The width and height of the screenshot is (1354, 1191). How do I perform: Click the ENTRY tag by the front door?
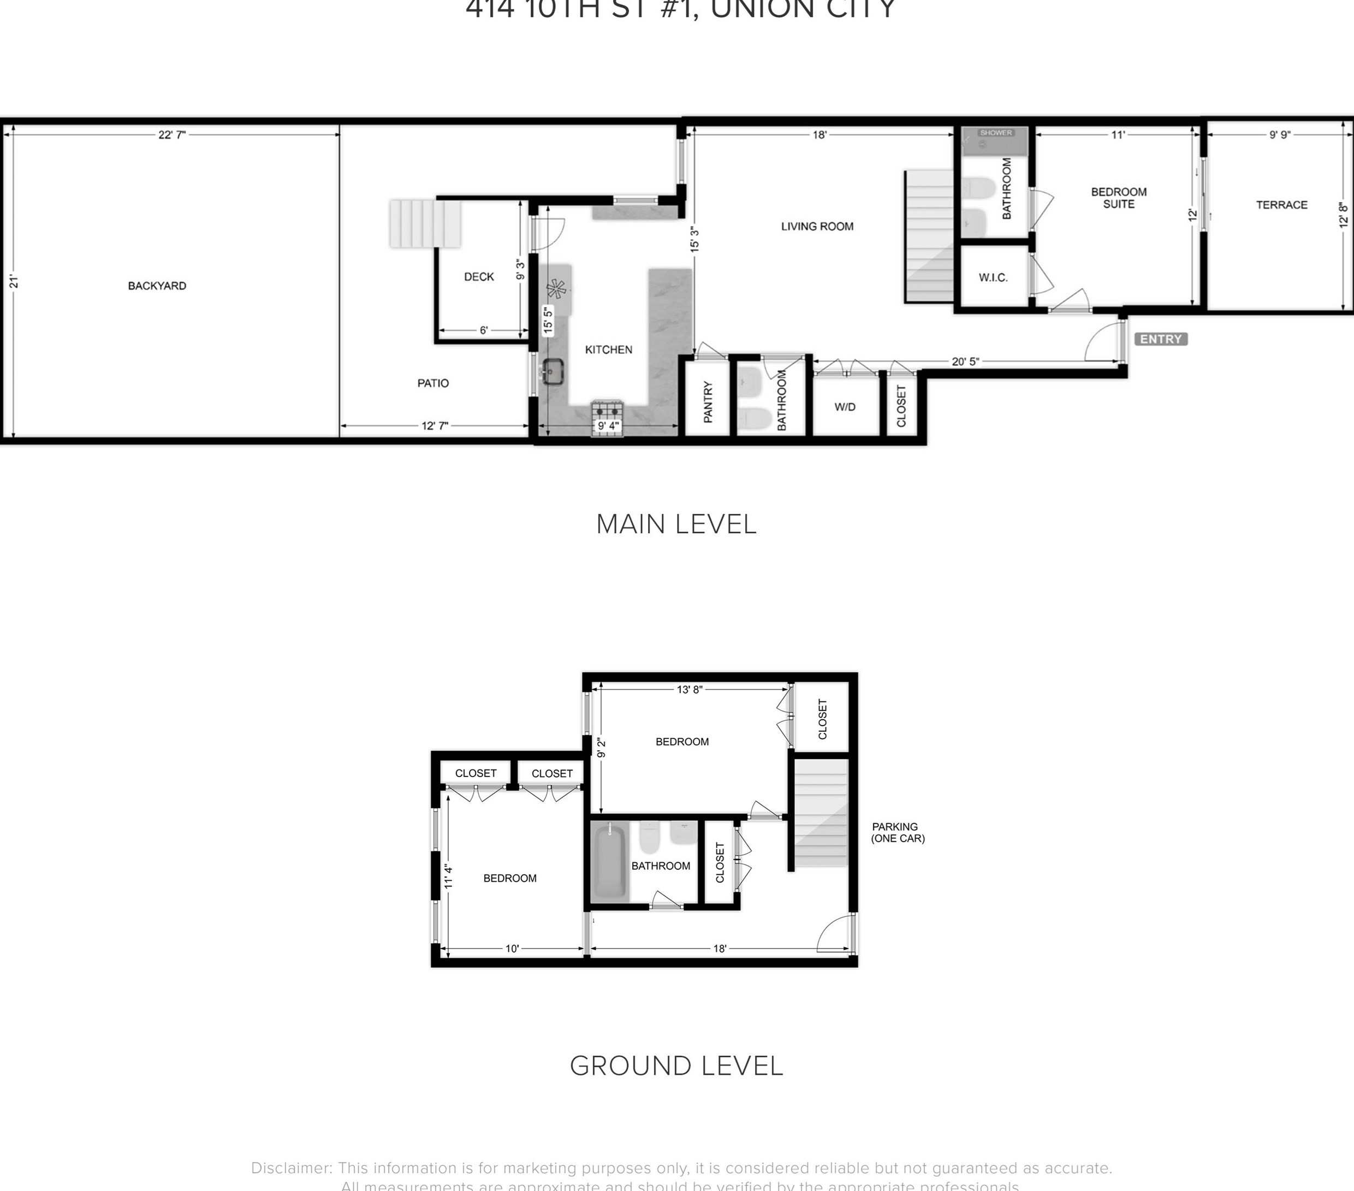(1161, 339)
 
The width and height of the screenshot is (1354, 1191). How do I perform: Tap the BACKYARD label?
(157, 286)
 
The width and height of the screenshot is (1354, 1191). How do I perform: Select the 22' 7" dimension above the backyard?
(171, 134)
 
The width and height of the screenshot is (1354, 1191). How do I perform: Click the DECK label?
(479, 277)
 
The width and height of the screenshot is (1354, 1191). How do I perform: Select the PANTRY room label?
(708, 402)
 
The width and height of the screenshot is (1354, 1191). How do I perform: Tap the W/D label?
(845, 407)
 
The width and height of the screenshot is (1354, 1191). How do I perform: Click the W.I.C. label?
(993, 277)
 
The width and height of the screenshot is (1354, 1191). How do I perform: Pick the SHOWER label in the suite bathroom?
(996, 133)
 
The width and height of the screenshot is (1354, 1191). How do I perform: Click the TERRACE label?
(1281, 205)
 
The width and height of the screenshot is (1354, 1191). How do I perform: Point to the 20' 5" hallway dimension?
(965, 362)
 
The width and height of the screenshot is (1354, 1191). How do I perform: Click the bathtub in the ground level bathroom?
(609, 862)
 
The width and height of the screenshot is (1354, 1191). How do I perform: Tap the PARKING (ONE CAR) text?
(897, 833)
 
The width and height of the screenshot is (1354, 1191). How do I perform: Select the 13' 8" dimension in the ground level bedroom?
(689, 690)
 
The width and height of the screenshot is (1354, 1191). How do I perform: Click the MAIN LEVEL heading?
(676, 524)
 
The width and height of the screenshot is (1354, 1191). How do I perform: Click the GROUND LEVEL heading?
(676, 1066)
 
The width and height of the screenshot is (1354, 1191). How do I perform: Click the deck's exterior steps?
(425, 224)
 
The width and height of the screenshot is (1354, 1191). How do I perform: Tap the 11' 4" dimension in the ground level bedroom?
(448, 876)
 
